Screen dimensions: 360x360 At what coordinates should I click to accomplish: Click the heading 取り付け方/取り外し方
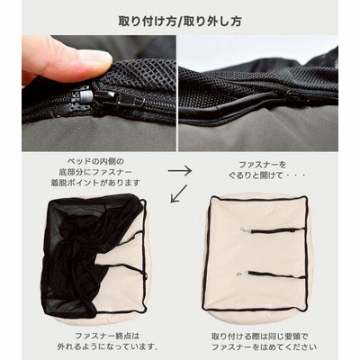pos(180,22)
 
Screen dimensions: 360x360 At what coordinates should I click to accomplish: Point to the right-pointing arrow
pos(179,171)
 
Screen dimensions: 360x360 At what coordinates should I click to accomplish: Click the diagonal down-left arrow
pos(178,193)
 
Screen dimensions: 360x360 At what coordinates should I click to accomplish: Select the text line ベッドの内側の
pos(95,162)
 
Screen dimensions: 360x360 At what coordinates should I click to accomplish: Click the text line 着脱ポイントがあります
pos(95,183)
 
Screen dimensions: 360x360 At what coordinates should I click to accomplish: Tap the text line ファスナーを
pos(263,165)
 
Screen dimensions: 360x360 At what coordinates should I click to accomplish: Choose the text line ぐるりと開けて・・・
pos(267,175)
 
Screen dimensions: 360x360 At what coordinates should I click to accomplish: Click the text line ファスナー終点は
pos(107,336)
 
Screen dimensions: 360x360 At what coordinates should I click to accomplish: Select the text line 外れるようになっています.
pos(107,347)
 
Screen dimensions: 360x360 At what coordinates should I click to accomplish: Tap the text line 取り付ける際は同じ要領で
pos(260,336)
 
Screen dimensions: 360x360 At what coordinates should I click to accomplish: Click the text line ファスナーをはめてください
pos(264,347)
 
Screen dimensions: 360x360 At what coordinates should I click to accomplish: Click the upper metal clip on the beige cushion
pos(245,230)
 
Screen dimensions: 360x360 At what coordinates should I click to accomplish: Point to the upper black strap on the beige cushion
pos(276,231)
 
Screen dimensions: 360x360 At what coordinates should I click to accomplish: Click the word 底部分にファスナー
pos(95,172)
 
